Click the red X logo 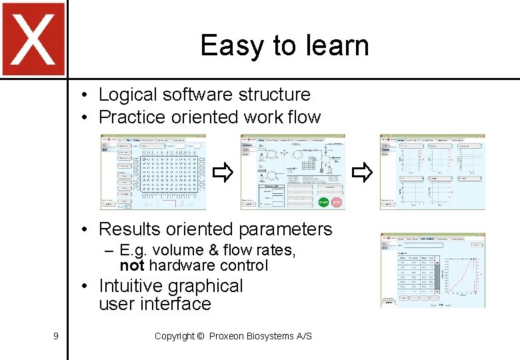pyautogui.click(x=33, y=39)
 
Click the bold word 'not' pyautogui.click(x=132, y=265)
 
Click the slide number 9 pyautogui.click(x=55, y=336)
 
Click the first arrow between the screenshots pyautogui.click(x=221, y=175)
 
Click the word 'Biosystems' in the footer pyautogui.click(x=271, y=336)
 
